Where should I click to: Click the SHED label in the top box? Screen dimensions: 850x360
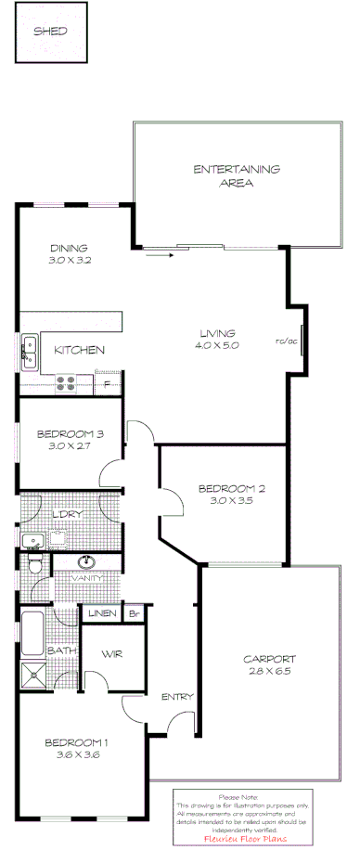click(51, 31)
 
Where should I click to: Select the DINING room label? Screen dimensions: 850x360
click(69, 248)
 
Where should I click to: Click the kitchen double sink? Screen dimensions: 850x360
click(30, 350)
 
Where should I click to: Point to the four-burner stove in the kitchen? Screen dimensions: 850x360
click(67, 380)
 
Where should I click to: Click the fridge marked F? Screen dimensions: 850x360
click(108, 383)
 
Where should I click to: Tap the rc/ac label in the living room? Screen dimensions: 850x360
click(287, 341)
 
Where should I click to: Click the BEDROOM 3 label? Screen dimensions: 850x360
click(70, 434)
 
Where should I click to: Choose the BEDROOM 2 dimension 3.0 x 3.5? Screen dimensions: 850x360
click(231, 500)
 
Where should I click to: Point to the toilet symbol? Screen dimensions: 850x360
click(34, 563)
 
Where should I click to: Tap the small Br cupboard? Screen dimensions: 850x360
click(135, 613)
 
